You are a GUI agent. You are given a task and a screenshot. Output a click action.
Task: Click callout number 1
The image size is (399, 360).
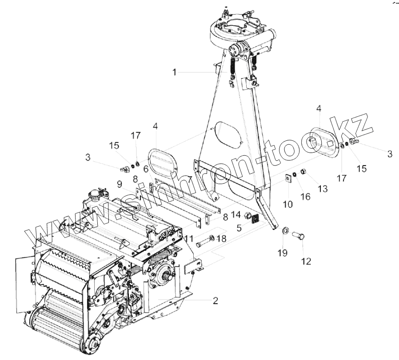point(175,72)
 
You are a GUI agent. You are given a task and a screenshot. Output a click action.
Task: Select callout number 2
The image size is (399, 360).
point(215,301)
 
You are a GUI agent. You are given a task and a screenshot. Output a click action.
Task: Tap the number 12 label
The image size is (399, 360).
point(307,261)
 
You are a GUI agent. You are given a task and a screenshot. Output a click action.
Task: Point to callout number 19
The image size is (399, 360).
point(283,253)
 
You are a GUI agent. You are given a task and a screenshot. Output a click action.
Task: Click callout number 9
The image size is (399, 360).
point(120,183)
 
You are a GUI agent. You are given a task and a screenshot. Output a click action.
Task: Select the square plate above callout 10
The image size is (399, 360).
point(288,178)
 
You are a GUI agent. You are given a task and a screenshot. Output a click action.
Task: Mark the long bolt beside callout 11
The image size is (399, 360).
point(203,243)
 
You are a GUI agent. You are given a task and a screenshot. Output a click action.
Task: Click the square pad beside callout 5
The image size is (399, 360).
point(255,218)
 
